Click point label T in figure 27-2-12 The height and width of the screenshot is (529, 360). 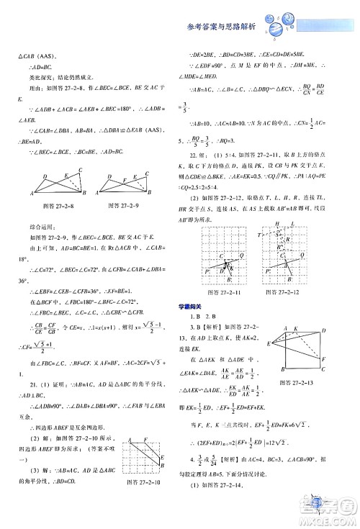[259, 235]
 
